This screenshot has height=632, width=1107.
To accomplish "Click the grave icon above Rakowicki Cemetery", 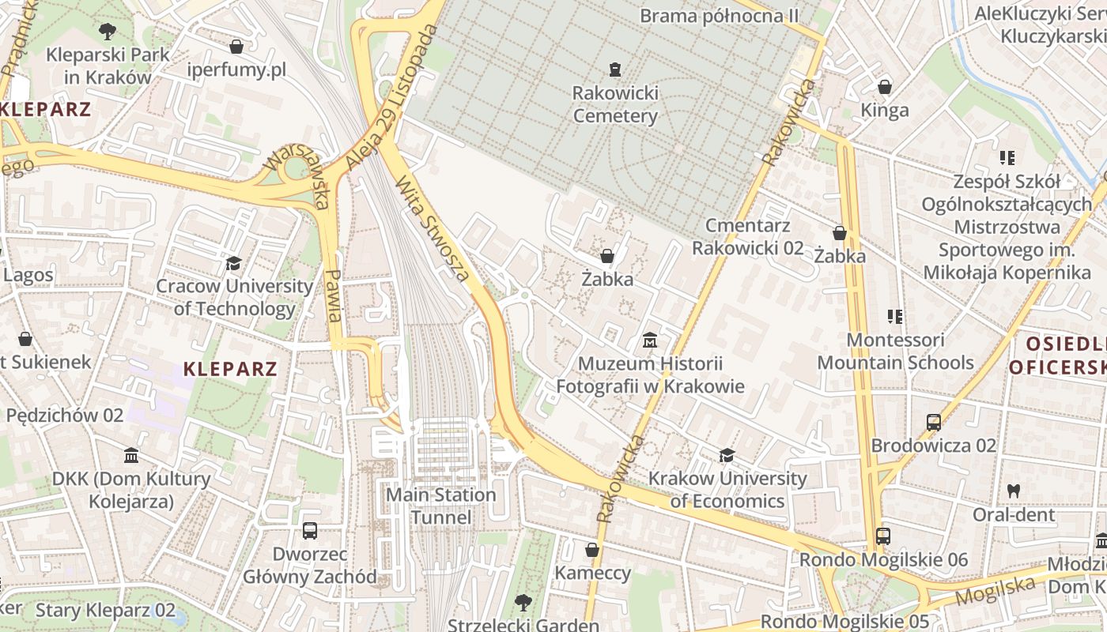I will (614, 70).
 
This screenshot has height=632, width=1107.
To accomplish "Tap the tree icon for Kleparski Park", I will (108, 32).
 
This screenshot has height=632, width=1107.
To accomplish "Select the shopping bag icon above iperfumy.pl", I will (236, 47).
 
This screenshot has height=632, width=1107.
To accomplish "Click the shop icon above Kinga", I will (885, 86).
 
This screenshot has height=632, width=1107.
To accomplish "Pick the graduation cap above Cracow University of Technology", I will (233, 263).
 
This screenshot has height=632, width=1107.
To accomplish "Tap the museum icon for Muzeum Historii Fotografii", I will (650, 340).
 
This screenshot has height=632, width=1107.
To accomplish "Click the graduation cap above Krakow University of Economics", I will (727, 455).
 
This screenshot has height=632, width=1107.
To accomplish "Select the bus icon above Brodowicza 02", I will (934, 422).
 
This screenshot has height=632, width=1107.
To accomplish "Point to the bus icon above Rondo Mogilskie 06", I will (883, 536).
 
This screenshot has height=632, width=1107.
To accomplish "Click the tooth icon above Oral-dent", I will (1013, 491).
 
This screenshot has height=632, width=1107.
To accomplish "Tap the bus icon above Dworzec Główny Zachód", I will (309, 530).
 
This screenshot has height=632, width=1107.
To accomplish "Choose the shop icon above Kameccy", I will (592, 549).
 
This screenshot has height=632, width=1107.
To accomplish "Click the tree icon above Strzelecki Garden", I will (523, 603).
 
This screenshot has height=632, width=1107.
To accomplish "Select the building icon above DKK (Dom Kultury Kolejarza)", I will (131, 456).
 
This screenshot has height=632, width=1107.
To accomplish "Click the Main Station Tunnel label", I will (440, 506).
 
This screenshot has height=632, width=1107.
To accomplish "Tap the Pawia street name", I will (333, 295).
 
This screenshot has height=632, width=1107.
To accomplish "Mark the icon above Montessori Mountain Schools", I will (895, 317).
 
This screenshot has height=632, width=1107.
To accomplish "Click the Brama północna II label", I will (719, 15).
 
